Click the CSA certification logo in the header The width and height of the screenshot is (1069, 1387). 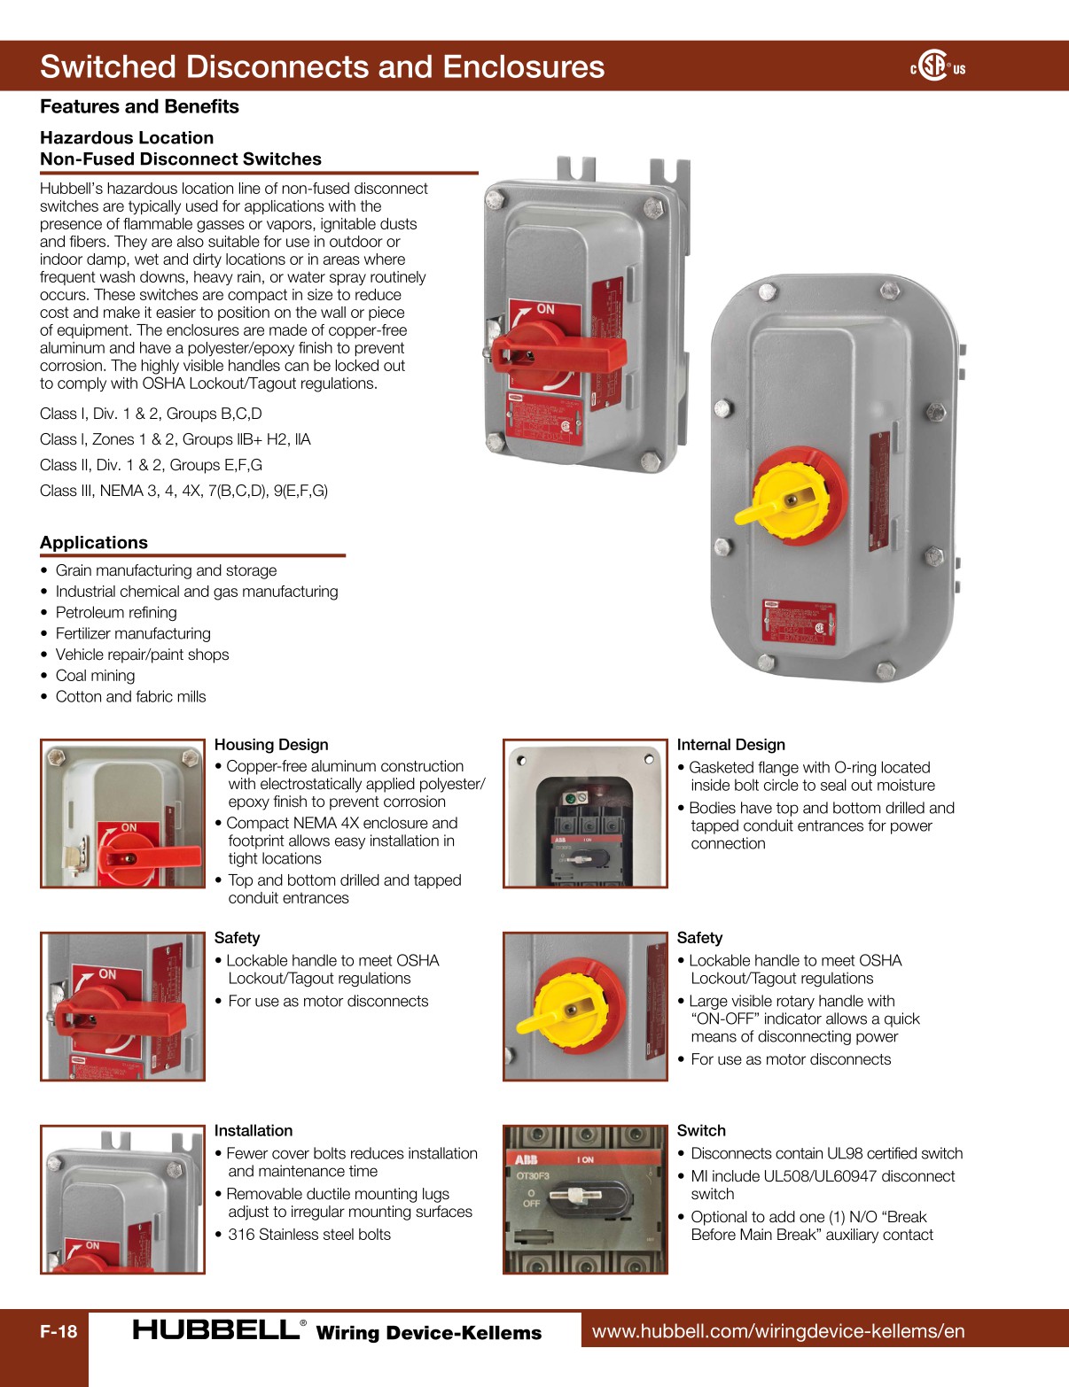coord(937,66)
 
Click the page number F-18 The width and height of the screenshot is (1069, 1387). coord(59,1331)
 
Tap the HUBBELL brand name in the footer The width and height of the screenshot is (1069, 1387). coord(215,1329)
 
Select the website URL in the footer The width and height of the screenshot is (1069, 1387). coord(777,1330)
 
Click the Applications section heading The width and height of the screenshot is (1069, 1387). coord(94,543)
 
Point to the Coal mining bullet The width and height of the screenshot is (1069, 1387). coord(95,676)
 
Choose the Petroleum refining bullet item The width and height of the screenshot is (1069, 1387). coord(116,613)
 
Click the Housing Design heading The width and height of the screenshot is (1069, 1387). coord(271,745)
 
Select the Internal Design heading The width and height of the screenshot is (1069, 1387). coord(730,745)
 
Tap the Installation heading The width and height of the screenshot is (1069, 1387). coord(254,1131)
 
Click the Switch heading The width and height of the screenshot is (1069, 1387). coord(701,1131)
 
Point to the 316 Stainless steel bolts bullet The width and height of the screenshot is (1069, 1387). coord(308,1235)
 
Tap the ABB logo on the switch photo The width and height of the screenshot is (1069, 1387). coord(527,1159)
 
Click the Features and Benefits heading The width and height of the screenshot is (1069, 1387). coord(139,106)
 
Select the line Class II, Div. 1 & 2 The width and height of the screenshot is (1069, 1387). coord(151,465)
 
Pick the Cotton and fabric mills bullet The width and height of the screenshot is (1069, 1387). coord(130,697)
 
